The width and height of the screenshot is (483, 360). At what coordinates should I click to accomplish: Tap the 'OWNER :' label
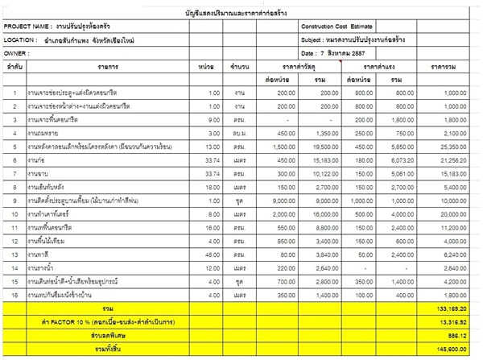[17, 52]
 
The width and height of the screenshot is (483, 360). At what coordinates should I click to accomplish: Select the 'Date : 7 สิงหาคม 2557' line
[335, 52]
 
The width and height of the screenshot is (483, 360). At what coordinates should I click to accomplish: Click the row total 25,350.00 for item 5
[456, 147]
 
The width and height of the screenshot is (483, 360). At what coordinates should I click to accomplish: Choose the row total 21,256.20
[456, 161]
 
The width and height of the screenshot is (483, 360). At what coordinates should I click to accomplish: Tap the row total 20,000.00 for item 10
[456, 216]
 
